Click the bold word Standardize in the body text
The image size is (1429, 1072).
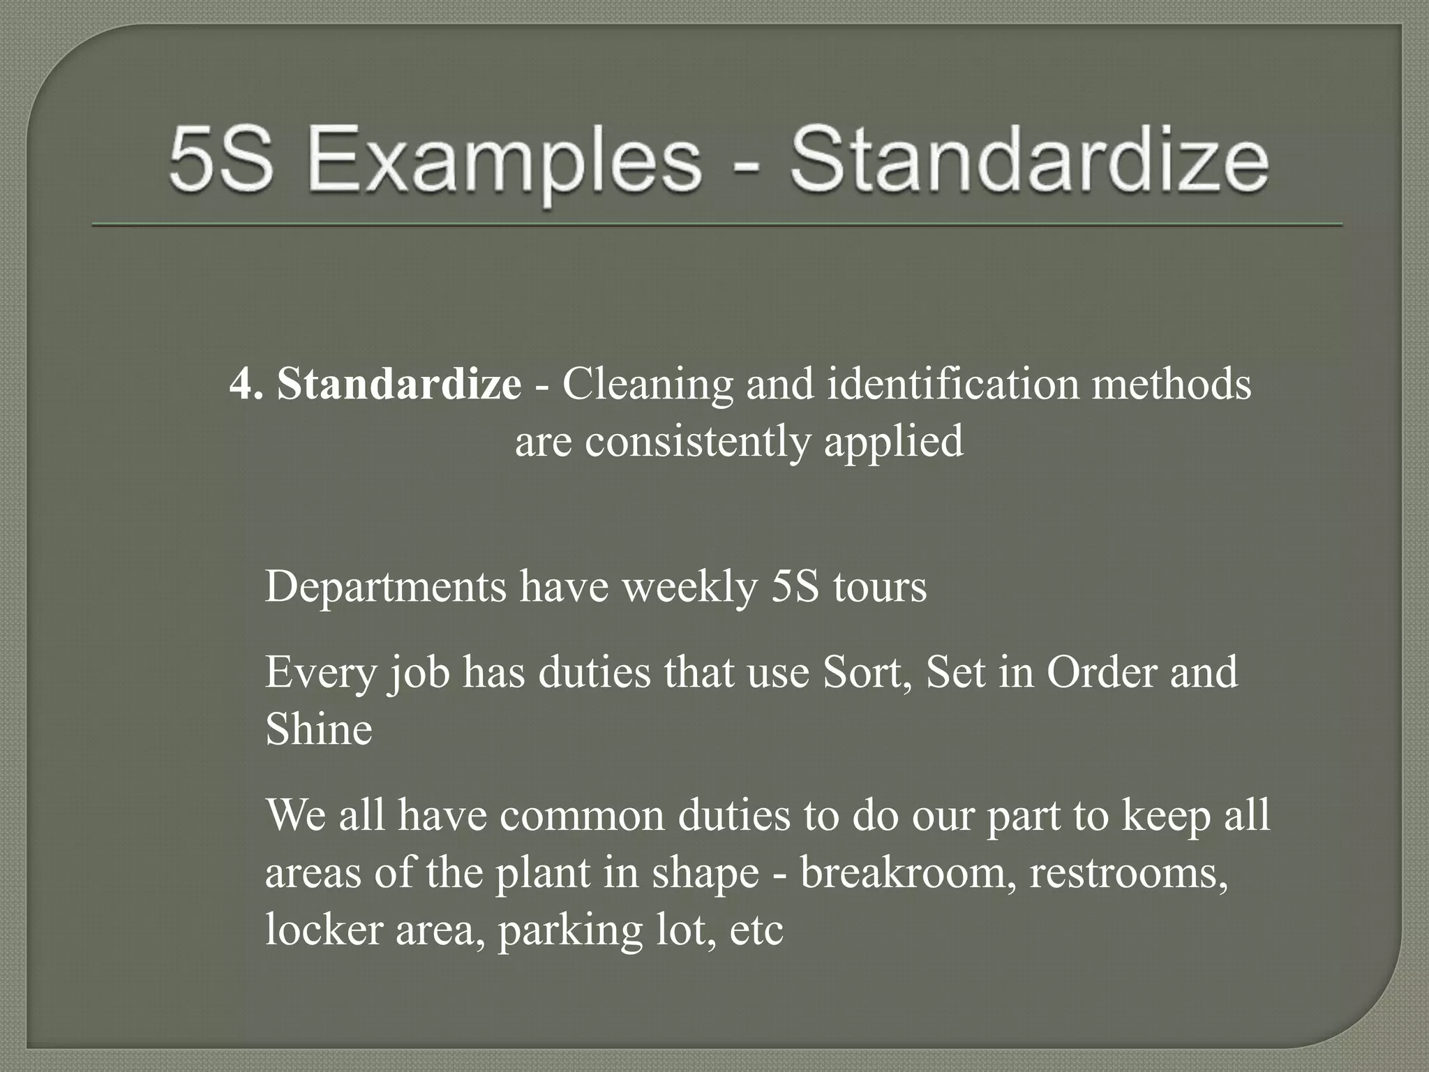point(398,384)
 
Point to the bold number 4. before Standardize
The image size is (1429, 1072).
point(246,384)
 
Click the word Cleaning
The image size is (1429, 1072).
point(648,384)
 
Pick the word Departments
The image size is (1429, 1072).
point(386,587)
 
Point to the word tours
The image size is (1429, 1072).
point(880,587)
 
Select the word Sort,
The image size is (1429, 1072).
point(868,672)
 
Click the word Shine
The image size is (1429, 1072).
point(319,730)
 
